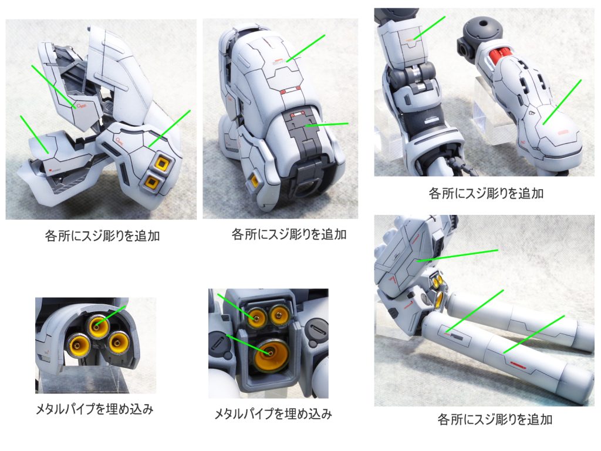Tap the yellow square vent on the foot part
pos(254,180)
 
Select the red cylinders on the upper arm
pos(498,58)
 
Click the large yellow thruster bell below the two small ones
pos(271,354)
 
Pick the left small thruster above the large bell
pos(256,317)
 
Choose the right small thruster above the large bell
pos(279,315)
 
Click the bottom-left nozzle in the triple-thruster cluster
pos(79,344)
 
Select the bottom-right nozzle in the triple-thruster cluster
pos(117,342)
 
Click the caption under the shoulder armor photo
pos(102,236)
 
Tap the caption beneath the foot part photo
pos(289,234)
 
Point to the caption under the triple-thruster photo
pos(94,409)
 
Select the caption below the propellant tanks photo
pos(495,419)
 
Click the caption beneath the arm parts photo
pos(486,193)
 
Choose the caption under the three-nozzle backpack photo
pos(273,414)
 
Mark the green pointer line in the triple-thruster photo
pos(110,317)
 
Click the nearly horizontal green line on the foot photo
pos(327,124)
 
